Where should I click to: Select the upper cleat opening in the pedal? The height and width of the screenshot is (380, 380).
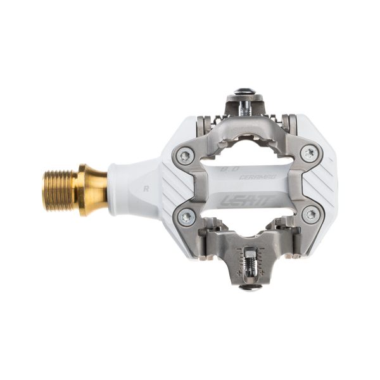[247, 142]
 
